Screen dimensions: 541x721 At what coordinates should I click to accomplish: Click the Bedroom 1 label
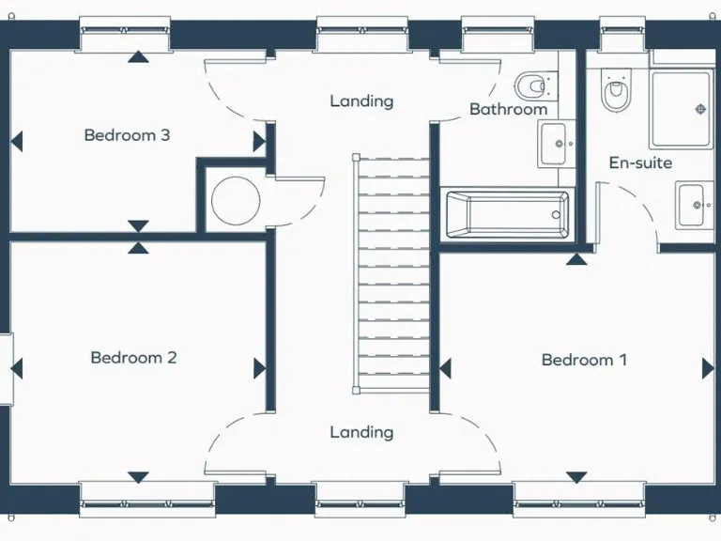[x=584, y=360]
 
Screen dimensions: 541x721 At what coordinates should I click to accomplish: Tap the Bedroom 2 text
[x=133, y=357]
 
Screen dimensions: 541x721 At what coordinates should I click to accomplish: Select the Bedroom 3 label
[x=127, y=134]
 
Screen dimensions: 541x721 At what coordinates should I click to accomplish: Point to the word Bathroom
[x=508, y=109]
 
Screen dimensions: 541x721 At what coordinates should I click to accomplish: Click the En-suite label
[x=640, y=162]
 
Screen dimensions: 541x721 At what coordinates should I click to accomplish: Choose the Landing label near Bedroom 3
[x=361, y=100]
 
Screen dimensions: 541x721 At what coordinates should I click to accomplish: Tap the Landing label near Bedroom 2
[x=361, y=432]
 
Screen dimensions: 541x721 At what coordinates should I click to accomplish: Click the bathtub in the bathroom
[x=506, y=213]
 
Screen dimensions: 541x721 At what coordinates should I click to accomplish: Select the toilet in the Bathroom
[x=532, y=85]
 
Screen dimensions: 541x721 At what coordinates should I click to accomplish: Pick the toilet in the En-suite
[x=616, y=92]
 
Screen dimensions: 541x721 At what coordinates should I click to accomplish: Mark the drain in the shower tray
[x=700, y=110]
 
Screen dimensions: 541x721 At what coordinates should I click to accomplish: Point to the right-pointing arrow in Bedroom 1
[x=707, y=368]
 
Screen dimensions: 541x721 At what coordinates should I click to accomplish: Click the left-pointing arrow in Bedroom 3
[x=16, y=142]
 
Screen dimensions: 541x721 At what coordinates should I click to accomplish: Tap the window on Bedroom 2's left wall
[x=7, y=368]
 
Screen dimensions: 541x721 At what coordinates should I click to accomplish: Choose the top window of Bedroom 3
[x=125, y=36]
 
